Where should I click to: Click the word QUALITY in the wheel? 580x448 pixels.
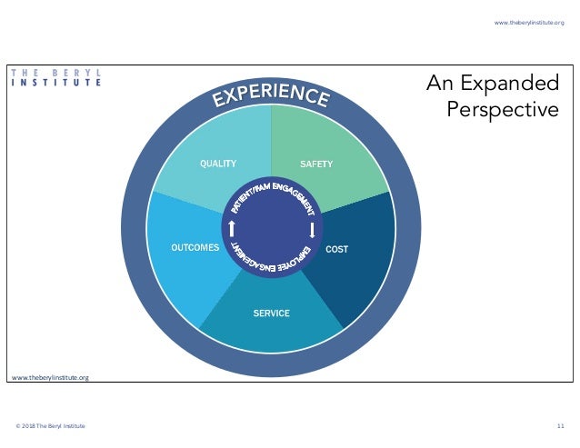(x=218, y=164)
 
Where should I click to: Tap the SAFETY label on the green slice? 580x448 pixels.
(x=316, y=164)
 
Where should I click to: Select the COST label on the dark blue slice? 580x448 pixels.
(x=337, y=249)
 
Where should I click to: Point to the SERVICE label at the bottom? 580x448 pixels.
(x=271, y=314)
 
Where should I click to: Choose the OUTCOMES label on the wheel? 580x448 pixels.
(x=195, y=247)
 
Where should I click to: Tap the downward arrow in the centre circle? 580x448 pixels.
(x=312, y=230)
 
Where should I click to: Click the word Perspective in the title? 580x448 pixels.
(x=503, y=110)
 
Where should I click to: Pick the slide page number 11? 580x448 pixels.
(x=561, y=426)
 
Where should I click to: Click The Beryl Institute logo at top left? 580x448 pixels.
(x=55, y=76)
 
